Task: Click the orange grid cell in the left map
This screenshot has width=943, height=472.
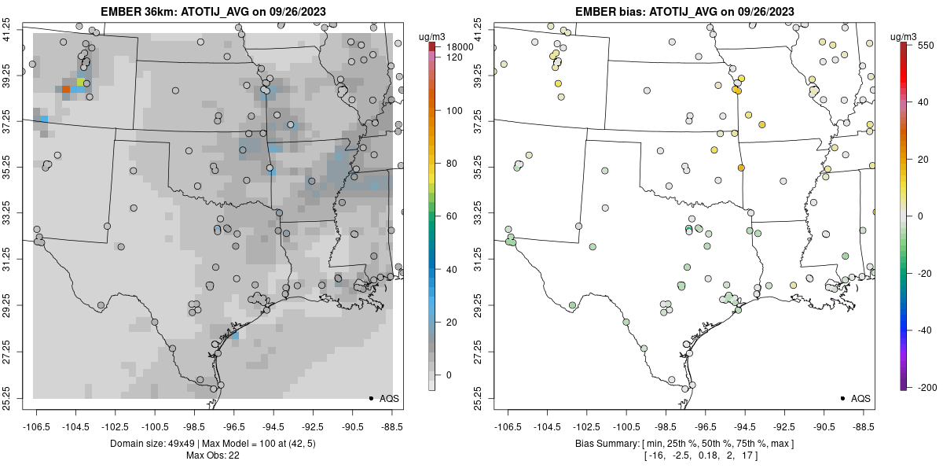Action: click(66, 90)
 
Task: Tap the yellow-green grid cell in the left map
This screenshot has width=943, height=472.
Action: click(80, 82)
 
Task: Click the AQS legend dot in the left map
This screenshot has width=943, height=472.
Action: click(370, 399)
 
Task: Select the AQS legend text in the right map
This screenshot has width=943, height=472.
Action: click(860, 399)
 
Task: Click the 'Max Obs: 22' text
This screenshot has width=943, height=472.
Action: click(212, 455)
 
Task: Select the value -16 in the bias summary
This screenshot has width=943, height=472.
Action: click(655, 455)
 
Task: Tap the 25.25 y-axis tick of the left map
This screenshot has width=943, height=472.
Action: click(17, 397)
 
